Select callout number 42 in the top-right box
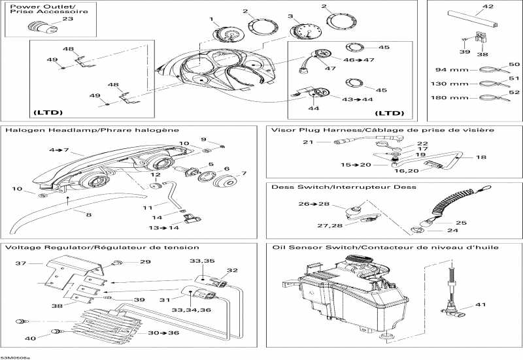tap(488, 8)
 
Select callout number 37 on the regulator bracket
tap(20, 263)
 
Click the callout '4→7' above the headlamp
tap(60, 150)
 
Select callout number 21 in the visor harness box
tap(304, 142)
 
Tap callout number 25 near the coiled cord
tap(462, 223)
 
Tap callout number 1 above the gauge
tap(212, 19)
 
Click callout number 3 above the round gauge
tap(290, 16)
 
